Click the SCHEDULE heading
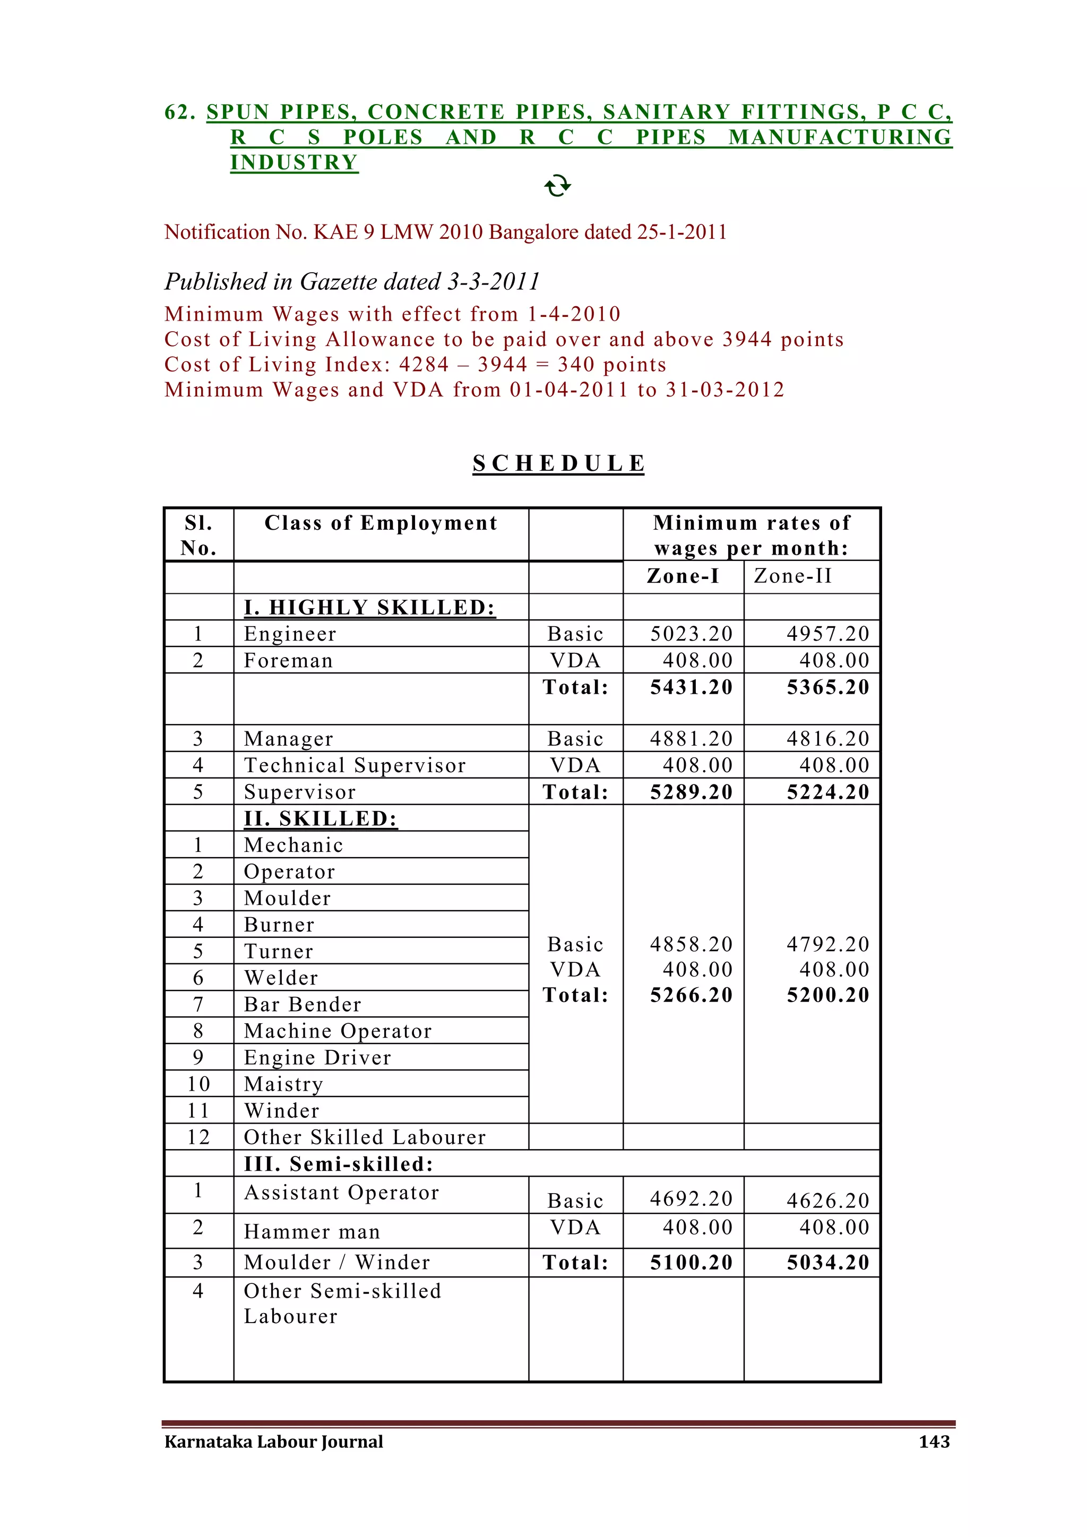558,463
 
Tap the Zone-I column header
683,576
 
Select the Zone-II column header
792,576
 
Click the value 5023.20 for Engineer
692,633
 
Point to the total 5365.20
828,687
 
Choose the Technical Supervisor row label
355,765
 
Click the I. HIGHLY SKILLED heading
369,607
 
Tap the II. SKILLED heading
321,819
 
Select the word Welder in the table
281,978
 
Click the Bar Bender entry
303,1004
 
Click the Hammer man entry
312,1232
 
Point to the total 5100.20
692,1263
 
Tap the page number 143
934,1441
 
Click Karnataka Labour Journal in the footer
274,1441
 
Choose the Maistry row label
284,1084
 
